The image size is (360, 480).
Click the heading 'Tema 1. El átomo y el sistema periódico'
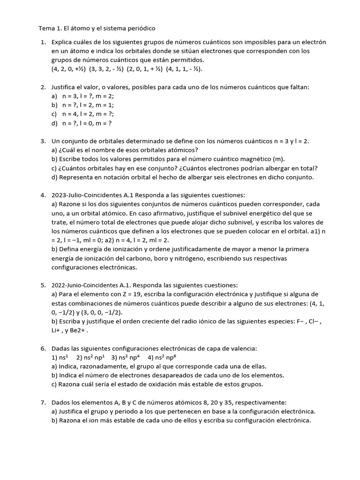pyautogui.click(x=97, y=29)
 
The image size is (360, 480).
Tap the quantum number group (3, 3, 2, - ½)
pyautogui.click(x=107, y=69)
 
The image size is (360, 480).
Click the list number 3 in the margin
pyautogui.click(x=43, y=141)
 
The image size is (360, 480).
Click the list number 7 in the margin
pyautogui.click(x=43, y=402)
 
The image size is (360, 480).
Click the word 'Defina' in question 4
pyautogui.click(x=69, y=249)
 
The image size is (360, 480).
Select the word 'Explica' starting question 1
pyautogui.click(x=64, y=42)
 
